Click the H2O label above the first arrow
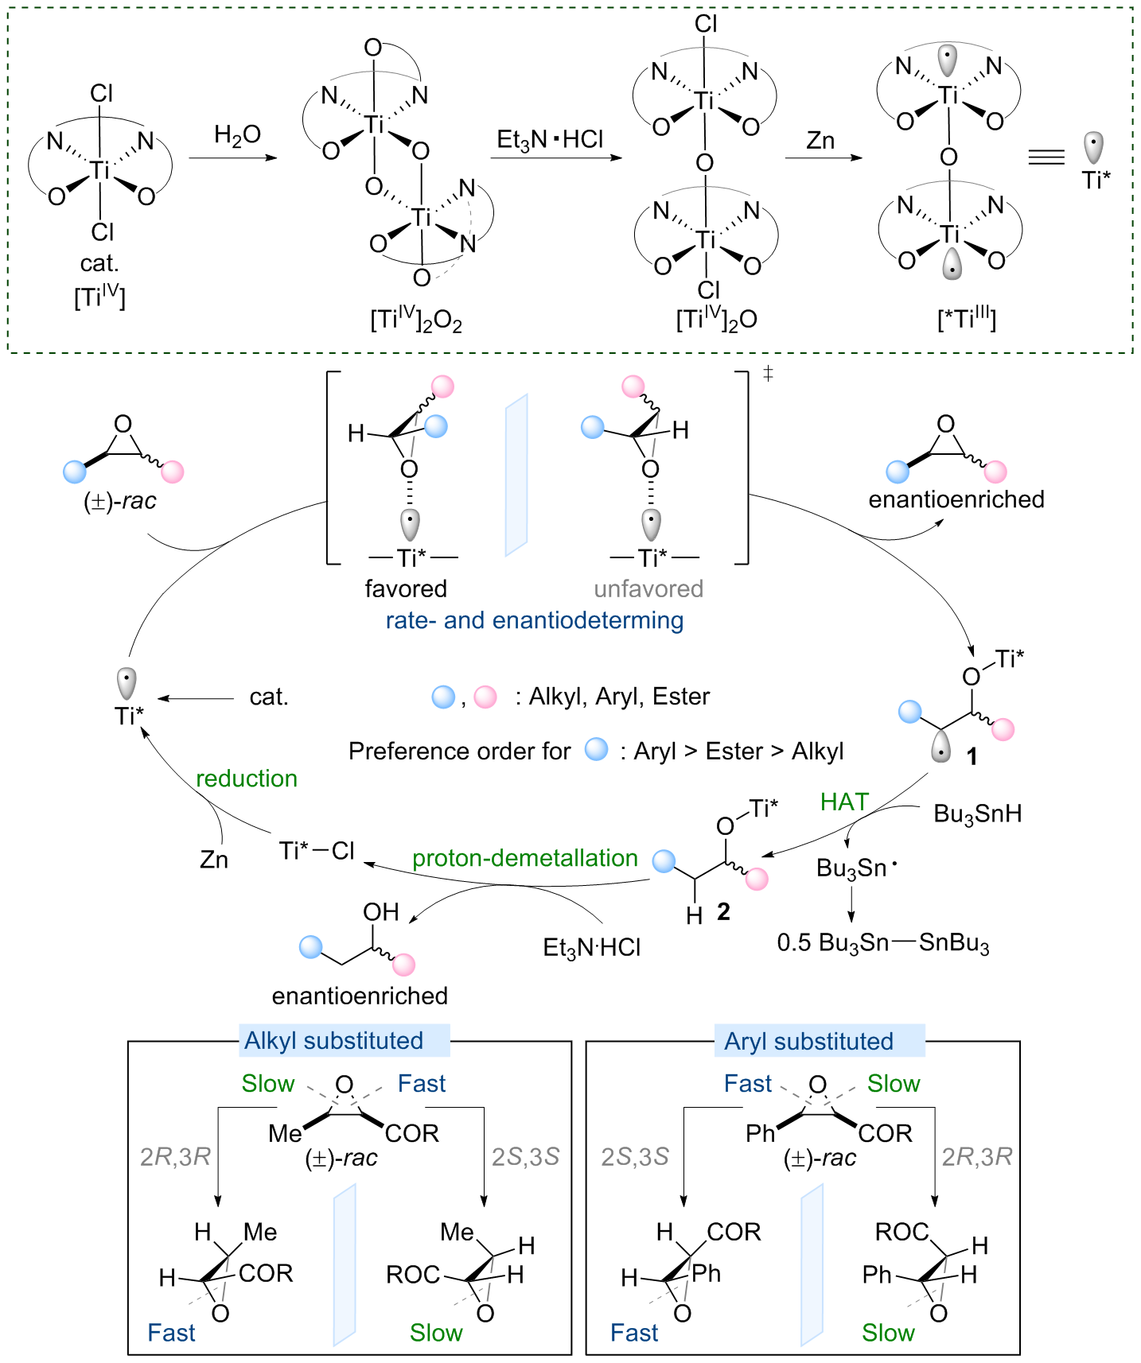[237, 136]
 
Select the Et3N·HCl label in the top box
[550, 140]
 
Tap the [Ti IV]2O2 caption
[415, 320]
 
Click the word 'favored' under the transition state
[406, 589]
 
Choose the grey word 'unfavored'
[648, 589]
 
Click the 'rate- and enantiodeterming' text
[535, 620]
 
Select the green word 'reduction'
[247, 779]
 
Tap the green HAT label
[844, 802]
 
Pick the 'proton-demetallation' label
[525, 858]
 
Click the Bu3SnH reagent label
[977, 814]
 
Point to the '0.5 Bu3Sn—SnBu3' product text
[883, 943]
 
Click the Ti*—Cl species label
[317, 851]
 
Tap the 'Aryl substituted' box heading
[808, 1042]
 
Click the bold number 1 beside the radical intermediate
[972, 756]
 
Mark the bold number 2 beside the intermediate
[723, 911]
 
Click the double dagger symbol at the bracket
[768, 373]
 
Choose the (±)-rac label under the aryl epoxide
[820, 1158]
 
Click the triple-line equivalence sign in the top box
[1046, 157]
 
